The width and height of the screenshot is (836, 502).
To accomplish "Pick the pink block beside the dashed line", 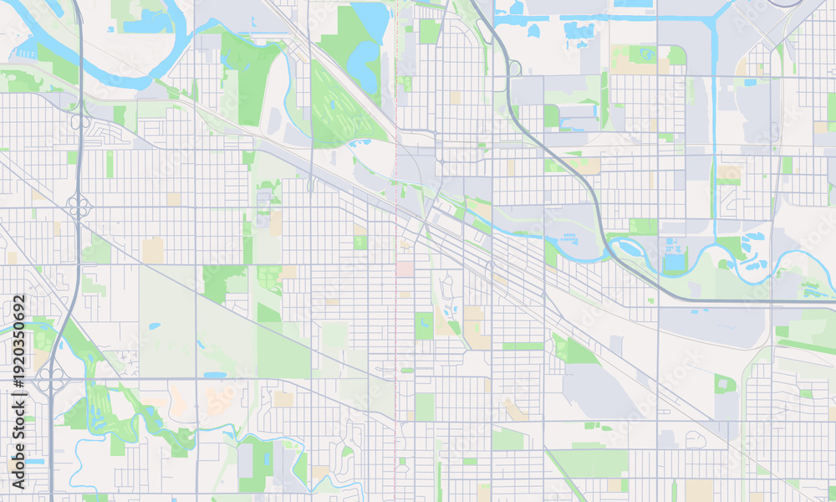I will pos(405,269).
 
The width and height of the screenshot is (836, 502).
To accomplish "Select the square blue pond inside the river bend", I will pos(674,262).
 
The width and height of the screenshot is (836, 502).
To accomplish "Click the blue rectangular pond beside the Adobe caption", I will pos(34,461).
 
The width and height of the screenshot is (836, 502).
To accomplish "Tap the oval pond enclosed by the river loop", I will pos(629,248).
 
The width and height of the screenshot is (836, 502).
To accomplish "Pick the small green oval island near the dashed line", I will pos(407,370).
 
